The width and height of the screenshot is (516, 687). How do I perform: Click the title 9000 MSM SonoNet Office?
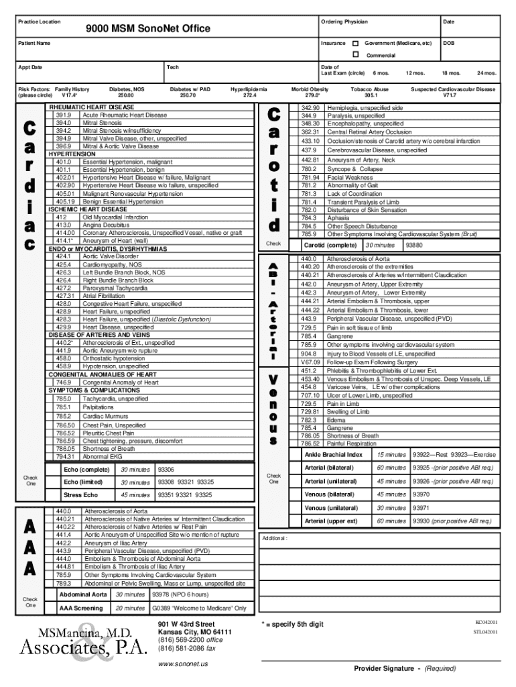click(147, 28)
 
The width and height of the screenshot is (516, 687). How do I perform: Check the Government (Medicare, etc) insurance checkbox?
click(355, 43)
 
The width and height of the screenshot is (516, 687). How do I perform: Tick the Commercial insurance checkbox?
click(355, 54)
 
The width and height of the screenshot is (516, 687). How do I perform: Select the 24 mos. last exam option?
click(486, 72)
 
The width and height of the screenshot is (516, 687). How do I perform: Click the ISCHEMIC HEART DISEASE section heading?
click(88, 209)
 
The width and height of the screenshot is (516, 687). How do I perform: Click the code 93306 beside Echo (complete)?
click(166, 469)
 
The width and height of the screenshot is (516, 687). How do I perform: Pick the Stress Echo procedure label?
click(81, 495)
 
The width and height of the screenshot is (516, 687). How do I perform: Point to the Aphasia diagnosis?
click(338, 218)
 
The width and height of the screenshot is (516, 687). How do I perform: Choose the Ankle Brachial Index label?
click(333, 454)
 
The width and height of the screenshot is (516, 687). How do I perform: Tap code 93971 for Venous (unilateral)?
click(422, 508)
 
